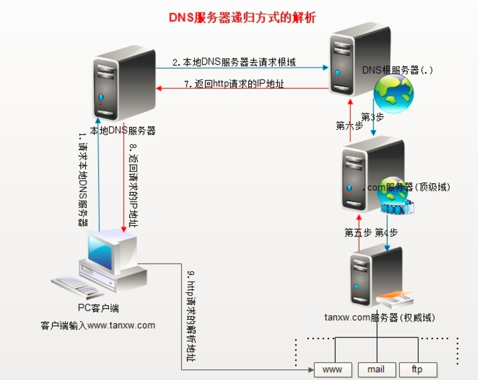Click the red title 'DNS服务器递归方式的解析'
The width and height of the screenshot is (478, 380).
coord(239,17)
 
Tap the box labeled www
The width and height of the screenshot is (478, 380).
coord(333,369)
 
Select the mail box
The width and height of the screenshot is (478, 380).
coord(376,369)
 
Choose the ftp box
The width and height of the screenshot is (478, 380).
coord(417,369)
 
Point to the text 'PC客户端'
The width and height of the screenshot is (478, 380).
coord(98,308)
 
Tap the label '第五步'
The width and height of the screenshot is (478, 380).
coord(358,233)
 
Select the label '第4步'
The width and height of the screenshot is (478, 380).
coord(387,233)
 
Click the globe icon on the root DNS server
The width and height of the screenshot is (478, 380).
coord(393,94)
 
